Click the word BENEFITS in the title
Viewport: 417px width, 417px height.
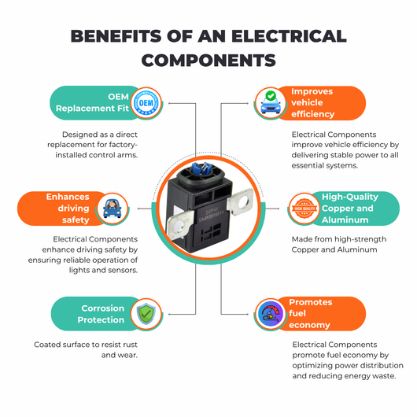point(116,36)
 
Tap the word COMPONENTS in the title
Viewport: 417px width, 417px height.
point(208,60)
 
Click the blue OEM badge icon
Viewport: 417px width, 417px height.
point(146,103)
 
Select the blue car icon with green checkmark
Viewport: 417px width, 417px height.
point(271,103)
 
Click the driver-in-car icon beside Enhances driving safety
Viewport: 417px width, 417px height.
point(113,208)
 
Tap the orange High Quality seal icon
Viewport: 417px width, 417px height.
point(304,208)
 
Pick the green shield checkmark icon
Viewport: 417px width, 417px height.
point(146,314)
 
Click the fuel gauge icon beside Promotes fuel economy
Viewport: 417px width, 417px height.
point(271,314)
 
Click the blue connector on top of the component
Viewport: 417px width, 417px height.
point(200,169)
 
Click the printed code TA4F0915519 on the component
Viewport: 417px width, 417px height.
point(212,217)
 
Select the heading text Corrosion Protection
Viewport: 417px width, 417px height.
point(101,314)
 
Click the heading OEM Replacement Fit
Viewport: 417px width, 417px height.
point(92,102)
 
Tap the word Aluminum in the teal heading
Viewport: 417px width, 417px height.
point(345,220)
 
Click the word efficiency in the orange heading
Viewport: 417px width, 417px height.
point(313,114)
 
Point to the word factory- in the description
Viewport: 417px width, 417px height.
point(124,145)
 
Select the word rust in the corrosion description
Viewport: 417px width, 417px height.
point(130,345)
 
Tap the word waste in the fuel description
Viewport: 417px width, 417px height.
point(384,376)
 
